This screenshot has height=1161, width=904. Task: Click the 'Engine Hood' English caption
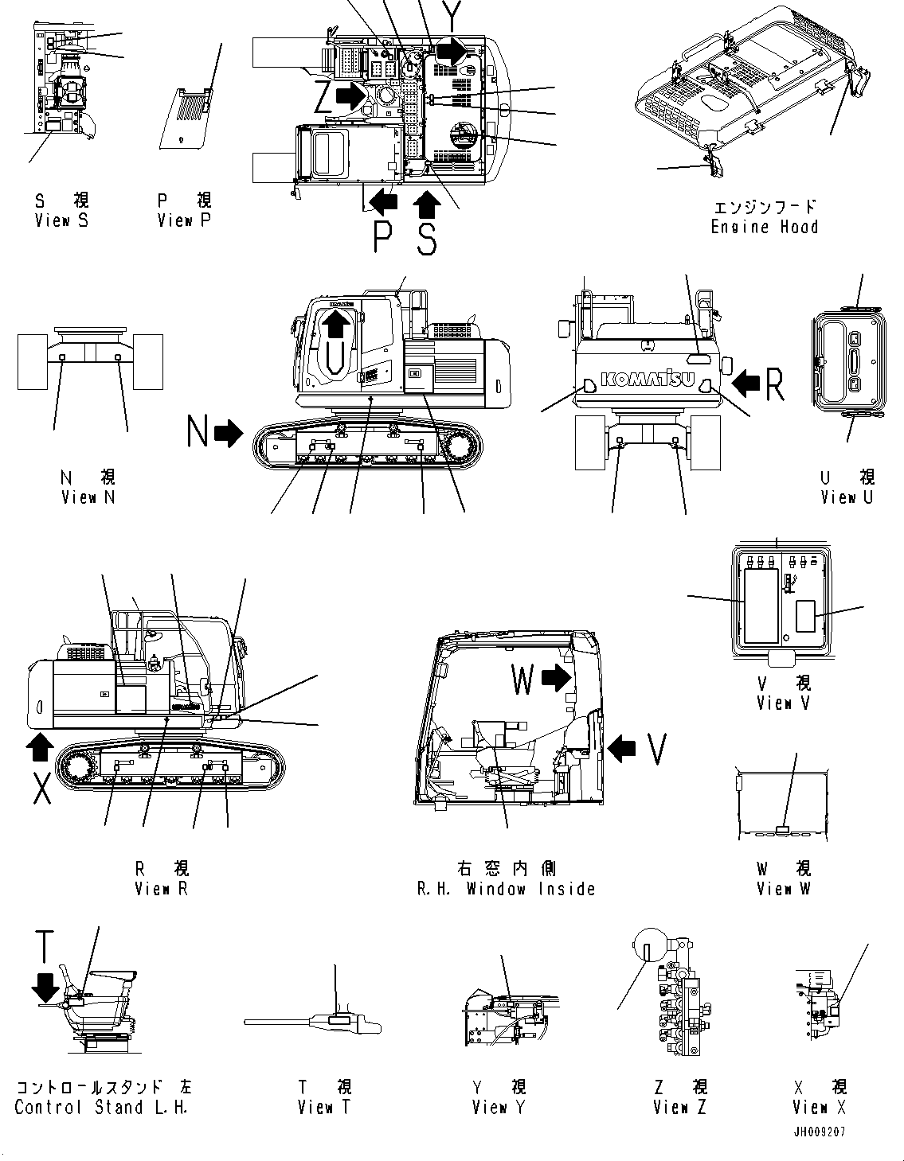764,227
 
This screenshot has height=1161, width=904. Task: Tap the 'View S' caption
61,220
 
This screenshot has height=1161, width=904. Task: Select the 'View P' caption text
184,220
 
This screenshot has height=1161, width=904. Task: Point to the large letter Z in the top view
323,99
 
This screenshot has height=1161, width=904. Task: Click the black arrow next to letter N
229,433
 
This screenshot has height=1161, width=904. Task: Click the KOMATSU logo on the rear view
646,380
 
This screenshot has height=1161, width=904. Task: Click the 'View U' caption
847,497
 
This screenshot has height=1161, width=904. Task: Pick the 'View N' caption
88,497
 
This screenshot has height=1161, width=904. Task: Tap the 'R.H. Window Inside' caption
506,888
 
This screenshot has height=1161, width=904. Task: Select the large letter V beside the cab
656,749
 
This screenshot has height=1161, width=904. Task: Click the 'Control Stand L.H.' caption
101,1107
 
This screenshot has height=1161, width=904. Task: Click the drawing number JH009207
819,1131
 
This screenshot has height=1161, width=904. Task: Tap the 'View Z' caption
679,1107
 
